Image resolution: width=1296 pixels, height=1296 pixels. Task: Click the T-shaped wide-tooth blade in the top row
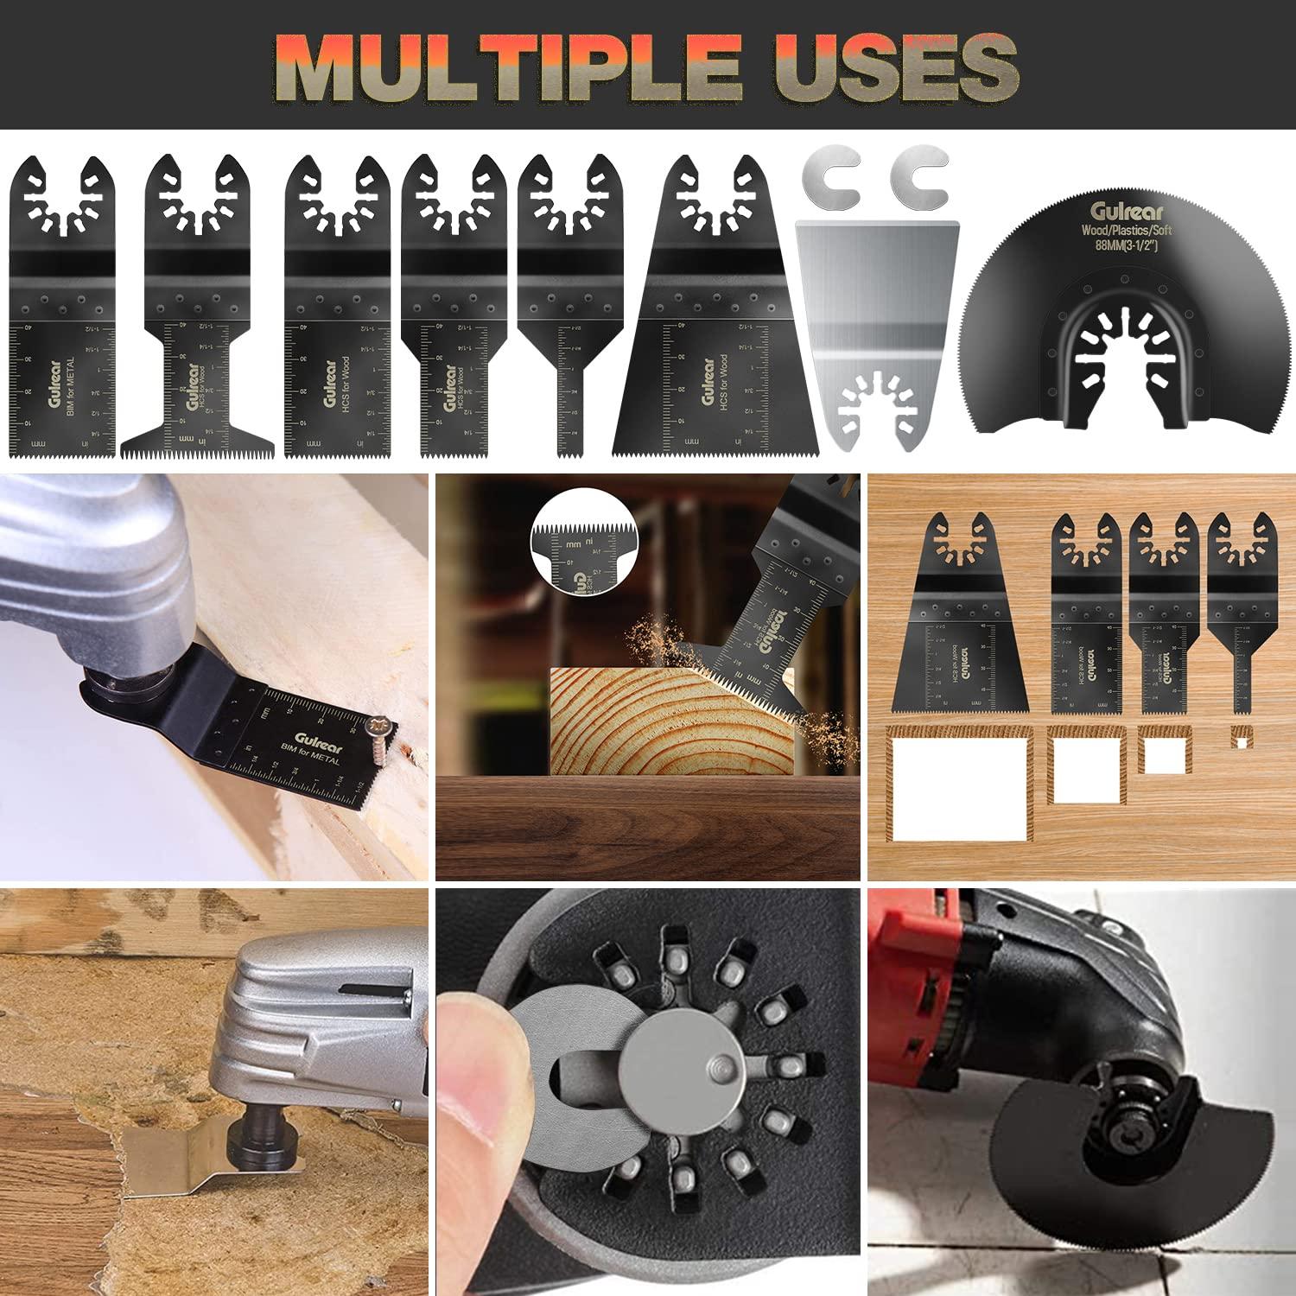[x=200, y=346]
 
